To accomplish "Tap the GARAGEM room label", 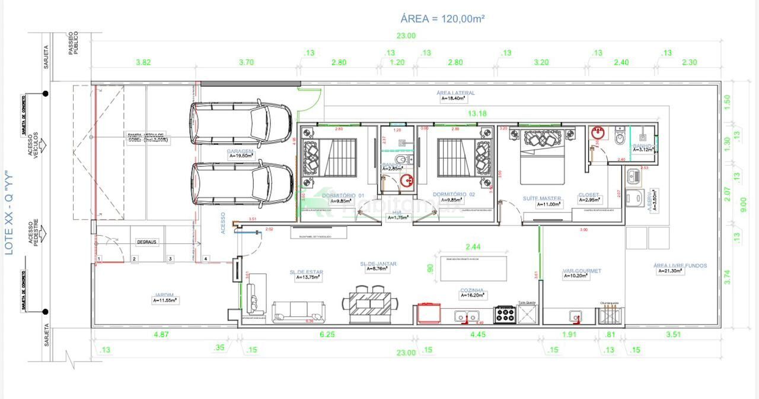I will pos(240,152).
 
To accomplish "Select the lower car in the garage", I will pos(242,184).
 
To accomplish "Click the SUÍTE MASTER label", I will pos(542,198).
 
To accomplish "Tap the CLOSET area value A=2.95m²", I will pos(590,201).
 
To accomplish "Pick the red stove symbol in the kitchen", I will pos(429,313).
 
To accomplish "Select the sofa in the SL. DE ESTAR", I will pos(299,311).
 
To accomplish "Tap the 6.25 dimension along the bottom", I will pos(326,335).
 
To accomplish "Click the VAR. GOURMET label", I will pos(582,271).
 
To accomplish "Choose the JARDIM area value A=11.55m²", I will pos(165,301).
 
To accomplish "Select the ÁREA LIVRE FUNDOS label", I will pos(680,265).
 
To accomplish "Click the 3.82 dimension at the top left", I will pos(143,62).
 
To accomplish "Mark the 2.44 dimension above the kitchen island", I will pos(473,246).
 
